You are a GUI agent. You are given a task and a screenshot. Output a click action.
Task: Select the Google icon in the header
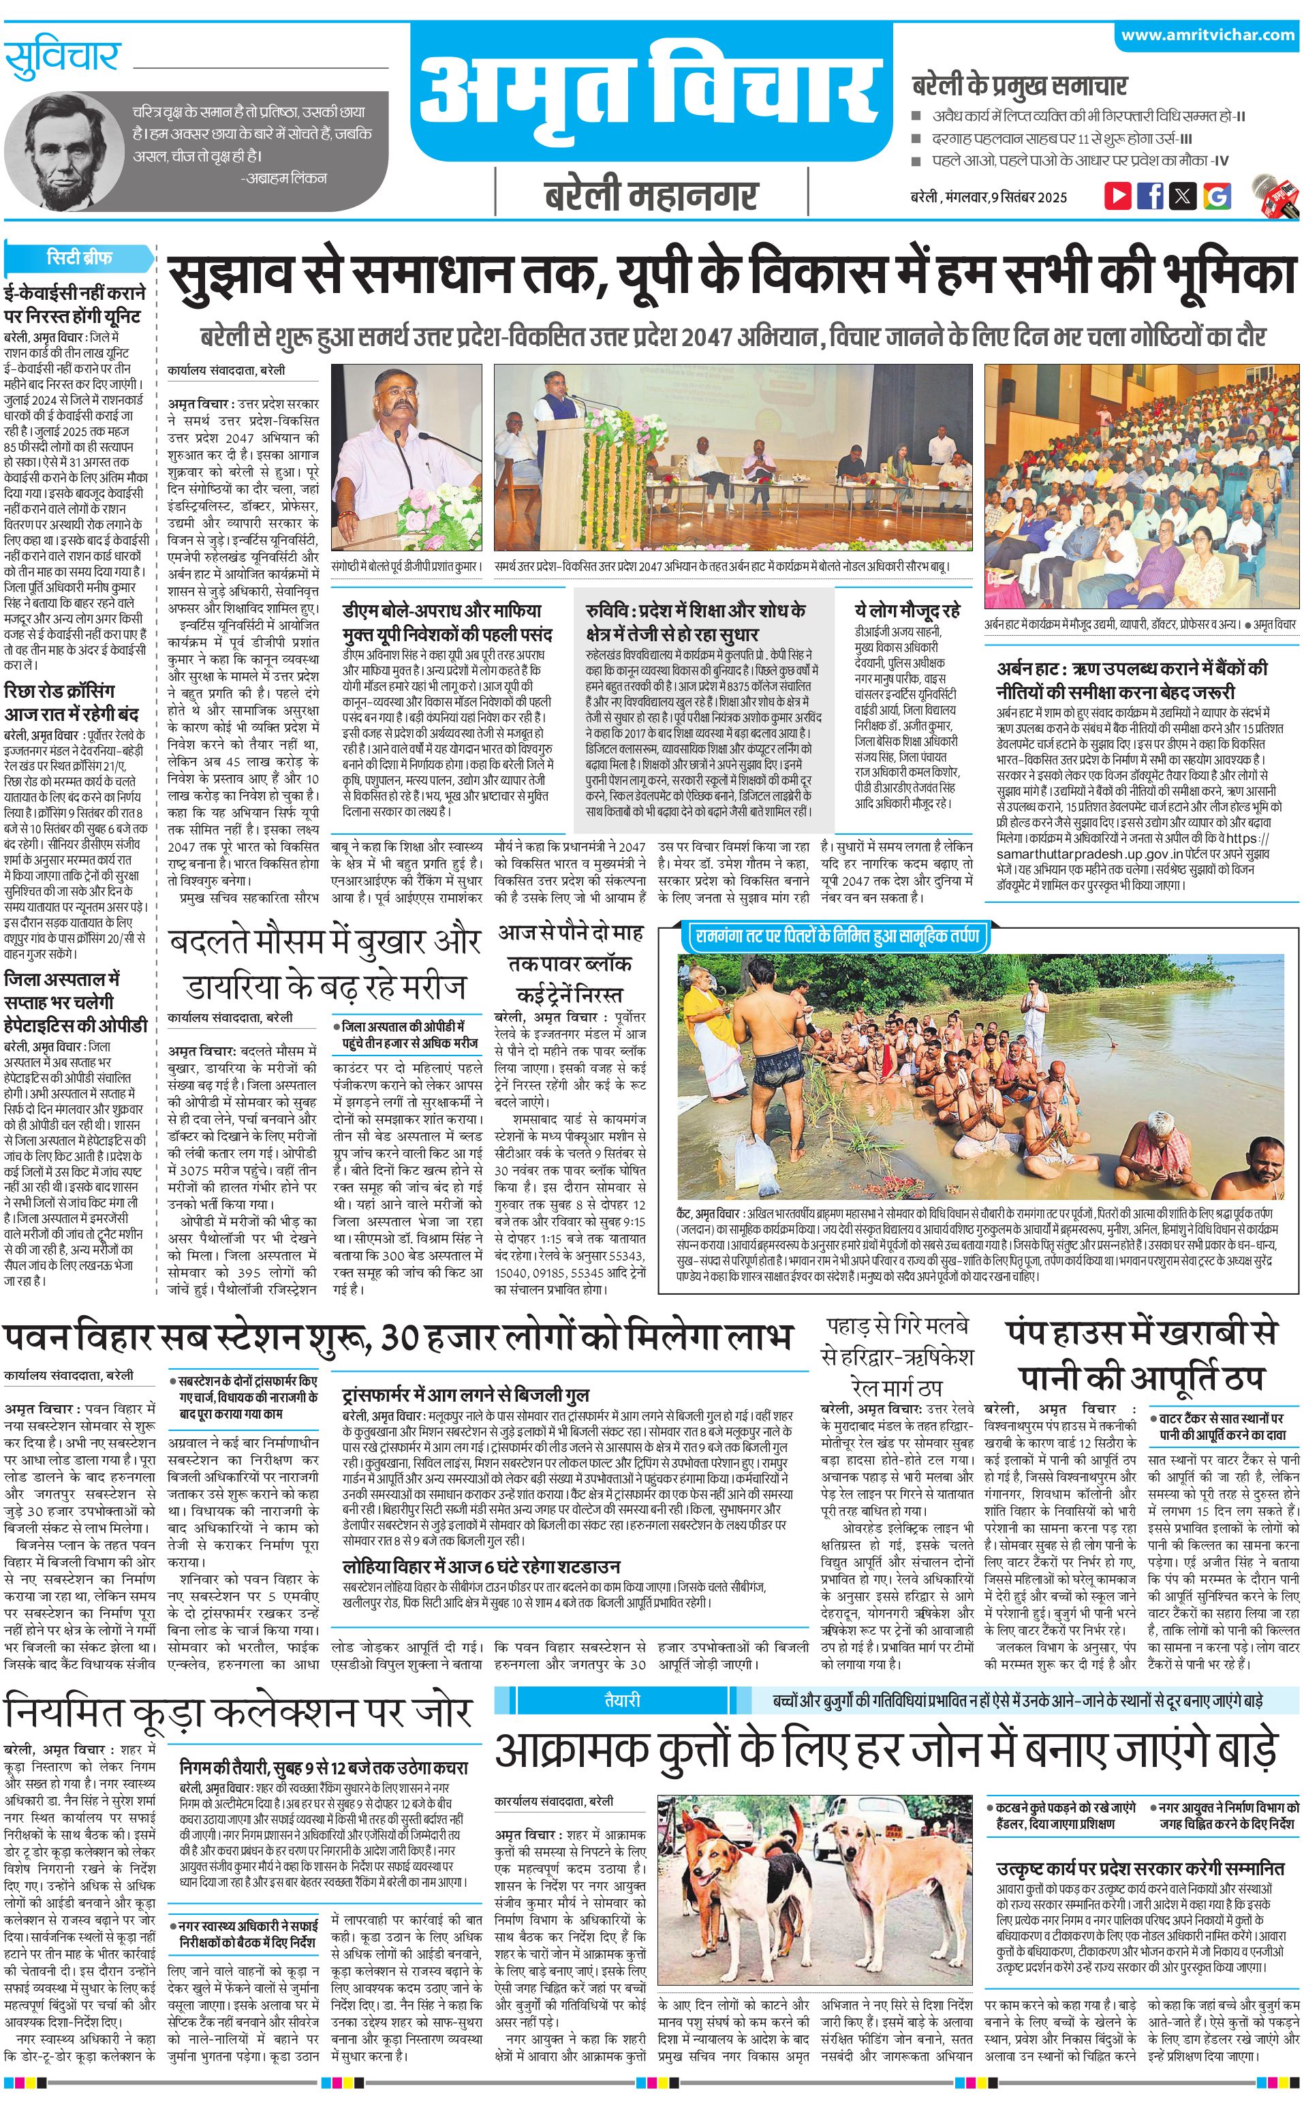[1216, 195]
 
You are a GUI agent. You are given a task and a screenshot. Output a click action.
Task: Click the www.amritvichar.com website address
[1207, 35]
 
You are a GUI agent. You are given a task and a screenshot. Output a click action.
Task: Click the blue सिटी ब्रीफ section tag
[79, 258]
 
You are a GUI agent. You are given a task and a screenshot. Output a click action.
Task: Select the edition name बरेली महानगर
[651, 196]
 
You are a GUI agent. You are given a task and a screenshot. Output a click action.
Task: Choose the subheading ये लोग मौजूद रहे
[907, 610]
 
